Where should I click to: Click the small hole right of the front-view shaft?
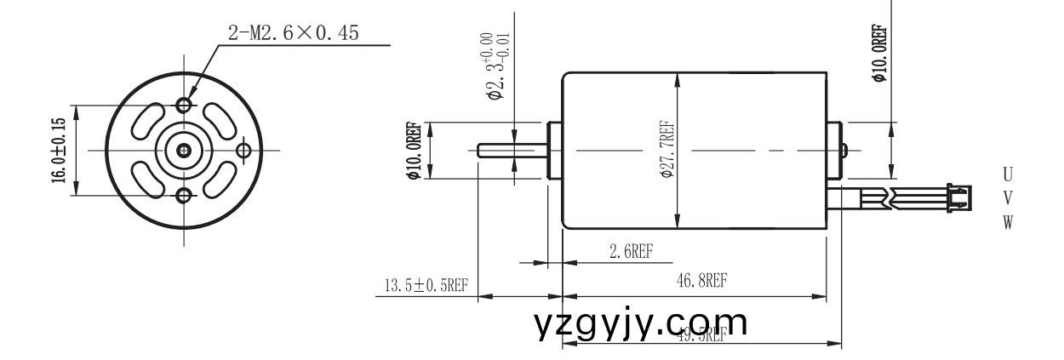245,151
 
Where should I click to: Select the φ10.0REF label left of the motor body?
415,151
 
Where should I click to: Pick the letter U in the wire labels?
1009,174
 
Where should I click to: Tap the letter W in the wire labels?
1009,222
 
